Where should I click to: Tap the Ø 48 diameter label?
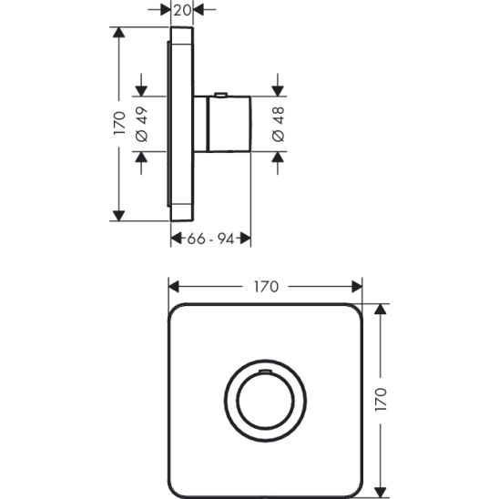[x=278, y=123]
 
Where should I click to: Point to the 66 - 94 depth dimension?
[x=211, y=239]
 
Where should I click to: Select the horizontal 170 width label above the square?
[x=264, y=286]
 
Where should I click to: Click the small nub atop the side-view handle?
[x=220, y=94]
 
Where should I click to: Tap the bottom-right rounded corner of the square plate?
[x=351, y=483]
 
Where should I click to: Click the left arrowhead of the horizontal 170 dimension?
[x=174, y=286]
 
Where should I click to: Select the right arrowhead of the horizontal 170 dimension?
[x=358, y=286]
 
